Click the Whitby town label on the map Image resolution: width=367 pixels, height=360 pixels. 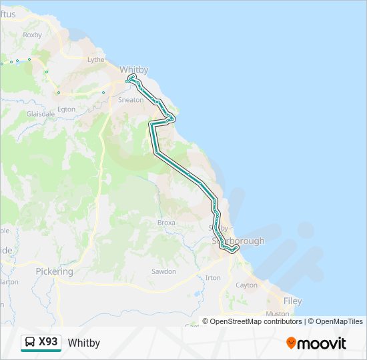point(133,69)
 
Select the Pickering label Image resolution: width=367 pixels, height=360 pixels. point(55,272)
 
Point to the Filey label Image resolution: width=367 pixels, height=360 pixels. point(292,301)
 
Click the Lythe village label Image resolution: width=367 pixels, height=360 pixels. point(96,59)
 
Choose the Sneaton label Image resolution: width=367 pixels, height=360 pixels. point(130,100)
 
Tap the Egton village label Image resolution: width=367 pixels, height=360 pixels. point(67,109)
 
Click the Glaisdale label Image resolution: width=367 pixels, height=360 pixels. point(40,114)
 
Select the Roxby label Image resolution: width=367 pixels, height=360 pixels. point(32,35)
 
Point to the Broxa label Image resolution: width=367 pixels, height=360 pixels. point(166,223)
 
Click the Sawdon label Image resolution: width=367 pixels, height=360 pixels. point(164,271)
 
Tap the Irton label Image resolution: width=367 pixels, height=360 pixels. point(213,277)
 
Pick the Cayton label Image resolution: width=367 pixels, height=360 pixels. point(246,285)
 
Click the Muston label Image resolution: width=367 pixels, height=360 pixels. point(278,313)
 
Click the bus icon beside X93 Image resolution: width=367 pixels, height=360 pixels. point(31,342)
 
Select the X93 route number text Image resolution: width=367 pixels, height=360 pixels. point(49,342)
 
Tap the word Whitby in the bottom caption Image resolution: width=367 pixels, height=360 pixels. point(84,343)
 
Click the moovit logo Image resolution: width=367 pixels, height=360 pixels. point(316,343)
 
